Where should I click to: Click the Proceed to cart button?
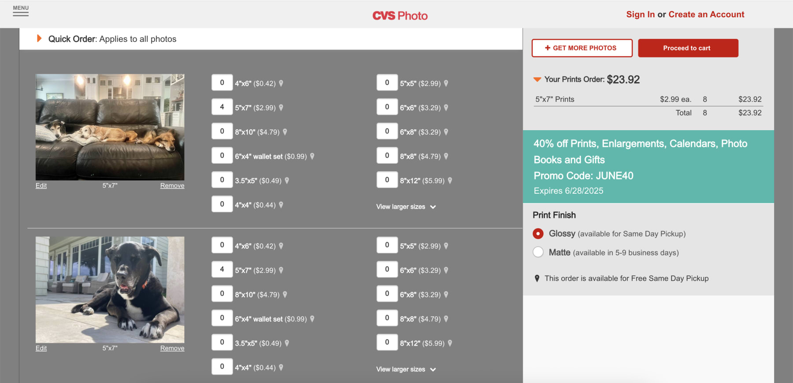click(x=688, y=48)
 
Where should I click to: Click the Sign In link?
click(x=640, y=15)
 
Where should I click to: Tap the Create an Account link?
click(x=706, y=15)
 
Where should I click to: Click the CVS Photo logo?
click(x=400, y=16)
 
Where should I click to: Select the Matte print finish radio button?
click(x=538, y=252)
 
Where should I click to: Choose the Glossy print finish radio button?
click(x=538, y=233)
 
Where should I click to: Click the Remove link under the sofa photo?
click(x=172, y=186)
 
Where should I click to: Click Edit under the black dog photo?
click(x=41, y=348)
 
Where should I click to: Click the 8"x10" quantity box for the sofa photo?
click(x=222, y=131)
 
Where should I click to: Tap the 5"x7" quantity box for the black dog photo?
click(x=222, y=269)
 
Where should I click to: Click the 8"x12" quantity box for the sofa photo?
click(x=387, y=180)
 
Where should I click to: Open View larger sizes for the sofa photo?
click(x=405, y=207)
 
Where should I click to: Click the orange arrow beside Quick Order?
click(x=39, y=38)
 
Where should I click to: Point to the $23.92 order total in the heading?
click(x=623, y=80)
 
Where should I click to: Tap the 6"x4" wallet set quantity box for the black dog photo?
click(x=222, y=318)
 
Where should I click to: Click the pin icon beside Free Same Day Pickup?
click(x=537, y=278)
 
